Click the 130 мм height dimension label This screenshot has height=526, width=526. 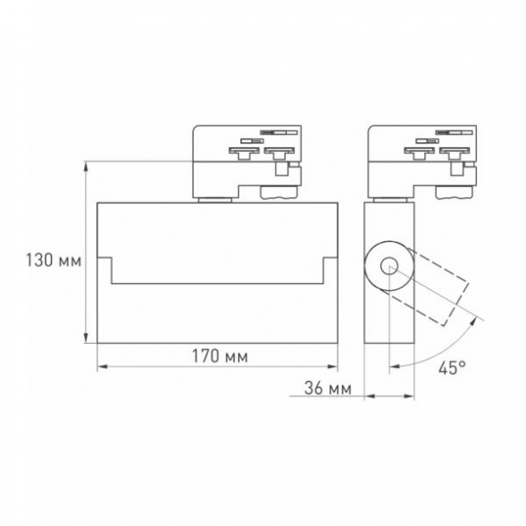51,262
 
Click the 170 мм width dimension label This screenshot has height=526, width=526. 219,355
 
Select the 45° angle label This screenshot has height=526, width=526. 451,367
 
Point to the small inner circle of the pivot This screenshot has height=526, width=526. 388,265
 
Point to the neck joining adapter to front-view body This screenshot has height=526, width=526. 214,198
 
